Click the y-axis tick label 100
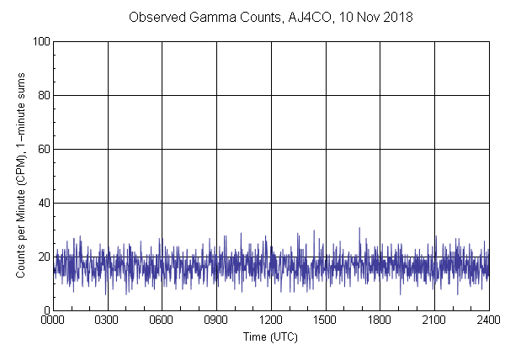coord(40,41)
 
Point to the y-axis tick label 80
coord(42,95)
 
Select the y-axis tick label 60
coord(42,149)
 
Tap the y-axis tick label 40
coord(42,203)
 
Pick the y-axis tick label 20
coord(42,257)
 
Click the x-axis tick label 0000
coord(53,320)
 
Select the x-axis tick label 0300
coord(108,320)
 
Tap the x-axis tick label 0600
coord(162,320)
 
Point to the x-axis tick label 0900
coord(216,320)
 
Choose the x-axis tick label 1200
coord(271,320)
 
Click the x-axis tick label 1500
coord(325,320)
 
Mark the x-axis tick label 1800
coord(380,320)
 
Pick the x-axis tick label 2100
coord(434,320)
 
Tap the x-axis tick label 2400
coord(488,320)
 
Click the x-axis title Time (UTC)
coord(270,336)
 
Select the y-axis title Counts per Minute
coord(22,176)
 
